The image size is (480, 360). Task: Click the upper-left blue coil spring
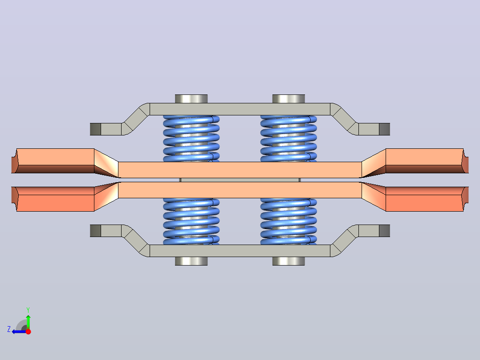[x=191, y=139]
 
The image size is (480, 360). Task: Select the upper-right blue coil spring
[x=289, y=139]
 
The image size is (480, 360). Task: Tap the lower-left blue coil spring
[x=191, y=221]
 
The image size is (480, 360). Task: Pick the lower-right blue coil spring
[x=289, y=221]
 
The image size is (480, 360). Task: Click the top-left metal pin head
[x=191, y=98]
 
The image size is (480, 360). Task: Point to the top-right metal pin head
[x=289, y=98]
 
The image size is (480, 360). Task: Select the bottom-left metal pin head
[x=191, y=261]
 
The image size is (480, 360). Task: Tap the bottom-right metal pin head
[x=289, y=261]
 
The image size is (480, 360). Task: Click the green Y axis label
[x=28, y=310]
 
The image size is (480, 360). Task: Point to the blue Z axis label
[x=9, y=329]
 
